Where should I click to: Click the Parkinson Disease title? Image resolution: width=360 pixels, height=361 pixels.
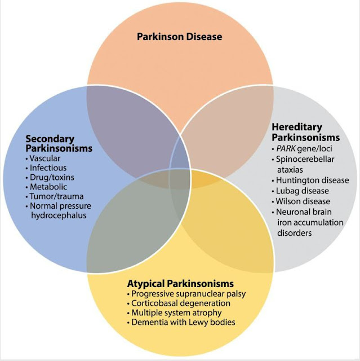pyautogui.click(x=180, y=37)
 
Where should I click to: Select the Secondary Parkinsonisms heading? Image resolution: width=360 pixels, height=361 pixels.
pyautogui.click(x=57, y=143)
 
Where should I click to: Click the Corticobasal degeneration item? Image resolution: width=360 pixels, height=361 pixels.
pyautogui.click(x=177, y=303)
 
